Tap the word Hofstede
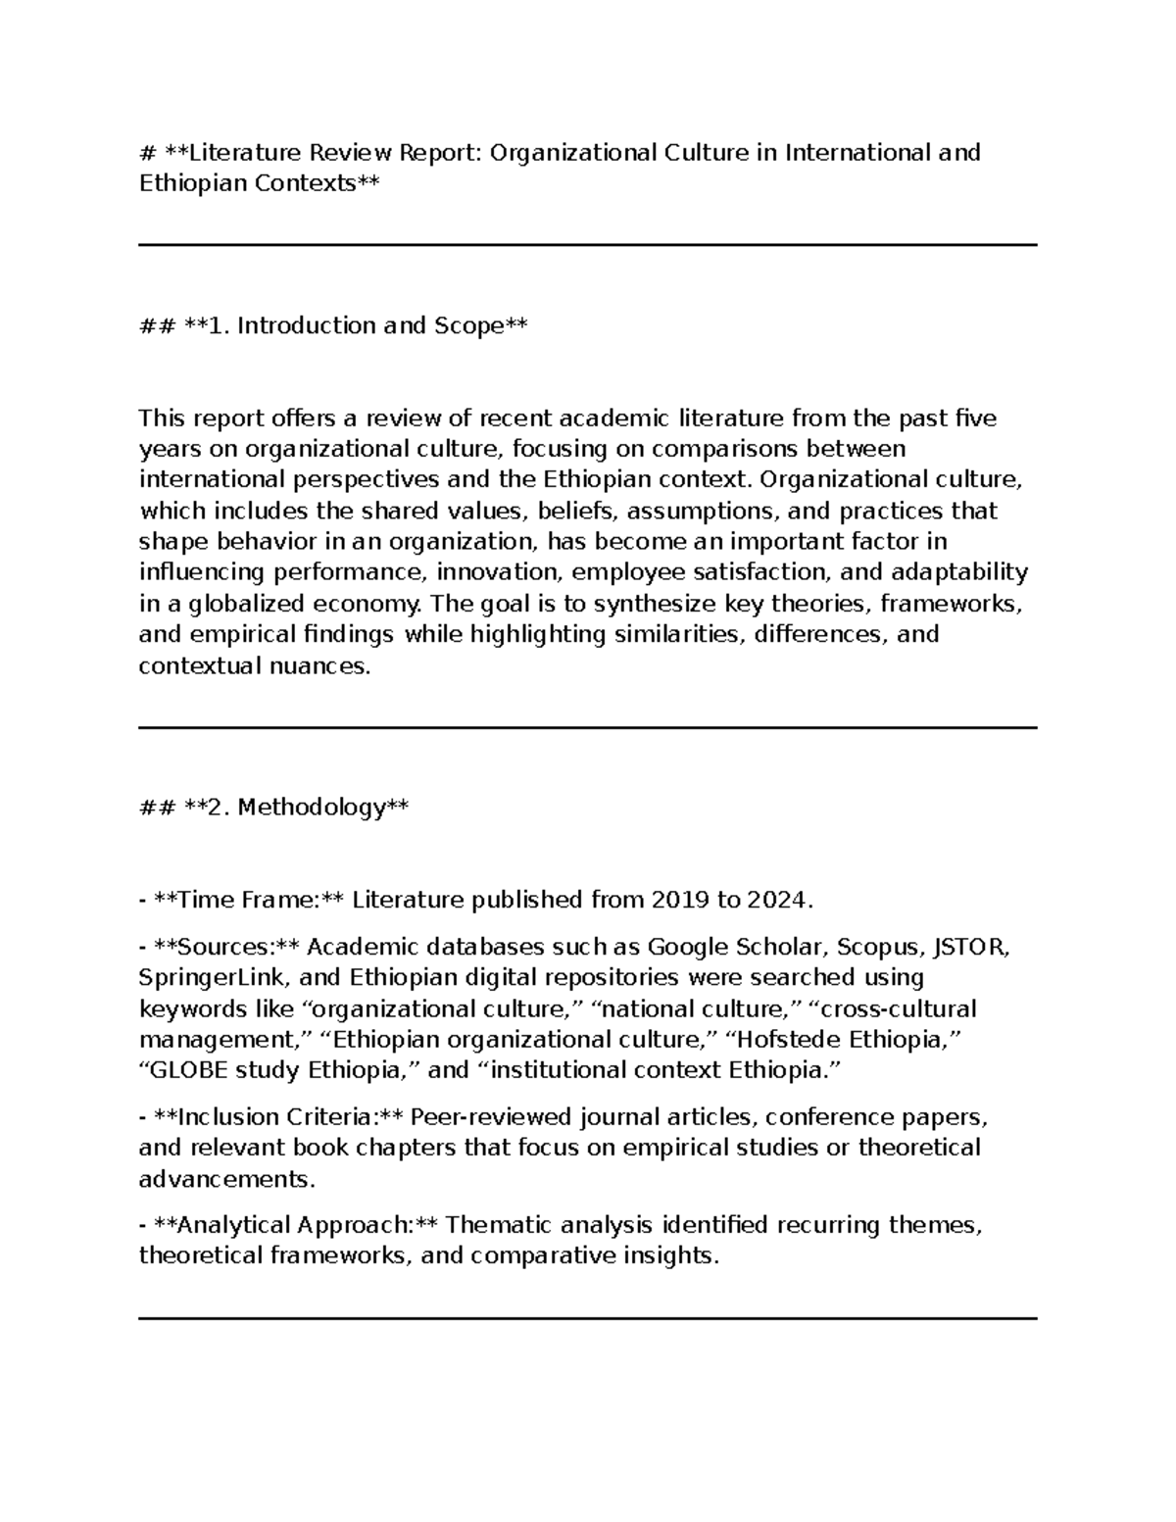(x=790, y=1040)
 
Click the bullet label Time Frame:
(x=249, y=900)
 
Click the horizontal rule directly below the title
(x=588, y=245)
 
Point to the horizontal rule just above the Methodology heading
(x=588, y=728)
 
